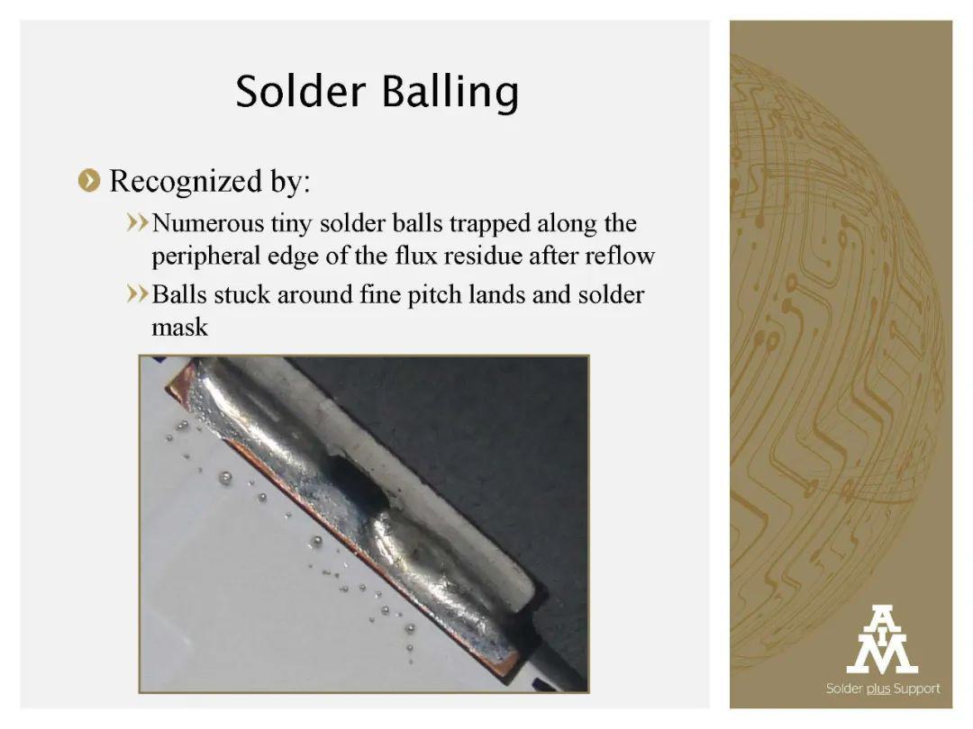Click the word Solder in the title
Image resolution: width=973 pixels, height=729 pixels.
300,91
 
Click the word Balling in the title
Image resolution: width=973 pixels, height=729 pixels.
450,93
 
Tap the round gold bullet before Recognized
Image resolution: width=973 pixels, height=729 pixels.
89,181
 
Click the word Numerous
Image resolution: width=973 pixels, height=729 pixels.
208,223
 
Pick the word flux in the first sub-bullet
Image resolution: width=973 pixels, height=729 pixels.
412,256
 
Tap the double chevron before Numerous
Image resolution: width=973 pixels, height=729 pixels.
137,222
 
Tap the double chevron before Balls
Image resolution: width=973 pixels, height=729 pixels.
137,293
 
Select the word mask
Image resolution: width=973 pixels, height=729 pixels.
180,328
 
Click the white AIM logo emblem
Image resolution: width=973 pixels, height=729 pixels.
882,640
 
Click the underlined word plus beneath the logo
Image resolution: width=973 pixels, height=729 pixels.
878,689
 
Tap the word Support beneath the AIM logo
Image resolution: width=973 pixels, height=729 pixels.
916,689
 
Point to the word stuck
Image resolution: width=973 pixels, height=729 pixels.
242,293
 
